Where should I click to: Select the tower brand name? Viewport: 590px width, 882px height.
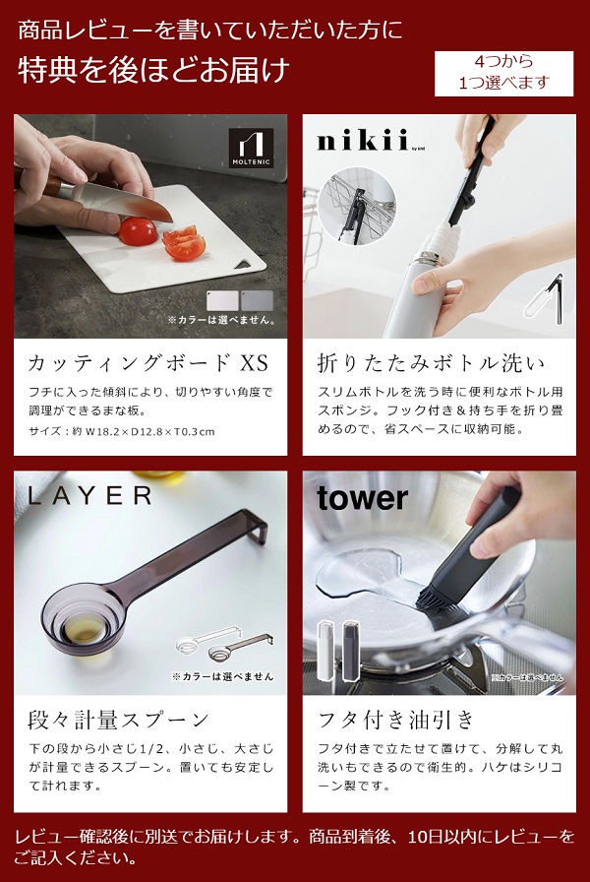point(361,498)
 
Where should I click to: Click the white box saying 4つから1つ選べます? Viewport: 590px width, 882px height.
point(503,75)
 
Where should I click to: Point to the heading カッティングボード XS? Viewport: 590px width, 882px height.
point(147,363)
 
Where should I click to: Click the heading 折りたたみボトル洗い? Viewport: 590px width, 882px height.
point(430,363)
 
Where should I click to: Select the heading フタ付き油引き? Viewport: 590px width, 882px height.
point(396,719)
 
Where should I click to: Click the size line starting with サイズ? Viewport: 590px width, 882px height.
point(122,431)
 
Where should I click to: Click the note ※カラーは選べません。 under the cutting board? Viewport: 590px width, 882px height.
point(220,320)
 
